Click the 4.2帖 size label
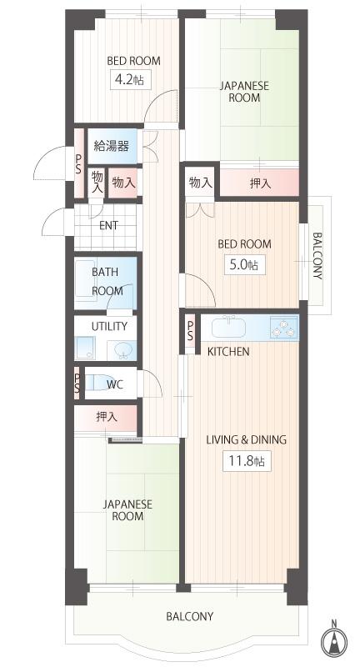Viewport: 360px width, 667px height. coord(128,80)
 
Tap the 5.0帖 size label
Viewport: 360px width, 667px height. coord(242,265)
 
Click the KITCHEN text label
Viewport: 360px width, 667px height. coord(228,352)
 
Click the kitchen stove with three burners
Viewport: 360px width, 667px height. coord(283,328)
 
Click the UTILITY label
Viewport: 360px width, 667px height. coord(109,326)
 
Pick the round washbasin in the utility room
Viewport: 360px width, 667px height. coord(122,349)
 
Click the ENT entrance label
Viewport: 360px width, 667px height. coord(108,225)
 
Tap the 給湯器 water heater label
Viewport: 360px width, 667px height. coord(111,146)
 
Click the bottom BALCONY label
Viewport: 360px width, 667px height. coord(189,617)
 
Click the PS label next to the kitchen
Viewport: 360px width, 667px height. coord(190,330)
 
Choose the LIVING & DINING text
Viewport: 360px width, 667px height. coord(246,439)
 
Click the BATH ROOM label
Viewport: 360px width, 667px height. coord(106,282)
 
